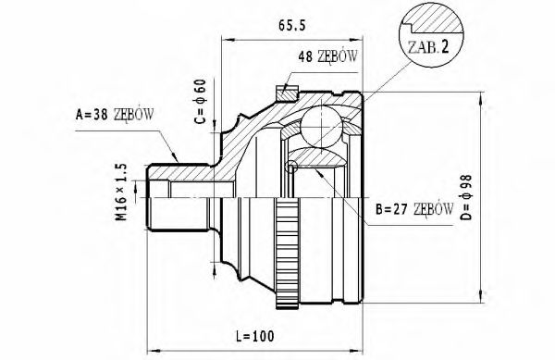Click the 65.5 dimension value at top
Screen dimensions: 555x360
click(291, 26)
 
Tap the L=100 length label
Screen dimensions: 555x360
click(255, 336)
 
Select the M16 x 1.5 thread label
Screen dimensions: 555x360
click(121, 192)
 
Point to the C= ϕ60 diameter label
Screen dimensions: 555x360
click(201, 102)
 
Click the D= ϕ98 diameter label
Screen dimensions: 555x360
click(466, 197)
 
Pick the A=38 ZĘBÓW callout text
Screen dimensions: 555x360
click(115, 115)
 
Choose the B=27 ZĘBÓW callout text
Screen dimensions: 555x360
click(414, 210)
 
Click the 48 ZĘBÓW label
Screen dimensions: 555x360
click(327, 56)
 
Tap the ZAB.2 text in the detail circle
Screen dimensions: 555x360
click(428, 47)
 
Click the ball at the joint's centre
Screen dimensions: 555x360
click(322, 127)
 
